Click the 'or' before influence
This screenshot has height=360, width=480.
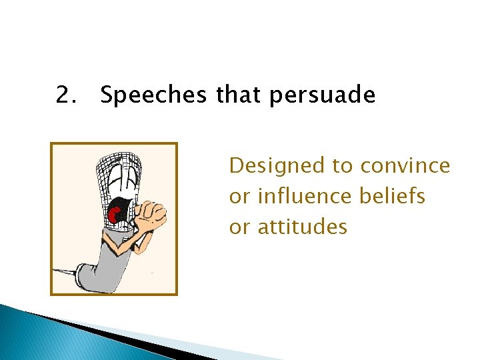click(238, 197)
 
